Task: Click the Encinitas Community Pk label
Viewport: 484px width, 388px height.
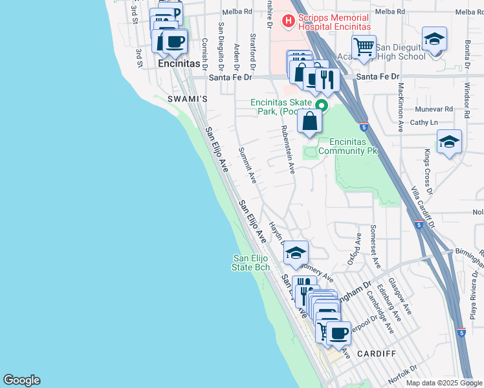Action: pyautogui.click(x=353, y=146)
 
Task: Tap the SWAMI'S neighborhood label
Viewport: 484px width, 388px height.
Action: pyautogui.click(x=187, y=99)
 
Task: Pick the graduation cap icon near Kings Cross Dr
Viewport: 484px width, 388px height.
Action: pyautogui.click(x=449, y=142)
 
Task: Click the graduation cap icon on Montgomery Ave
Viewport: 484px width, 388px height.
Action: pyautogui.click(x=296, y=252)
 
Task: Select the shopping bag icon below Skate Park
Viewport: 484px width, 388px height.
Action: pyautogui.click(x=310, y=120)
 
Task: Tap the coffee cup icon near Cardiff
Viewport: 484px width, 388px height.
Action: pyautogui.click(x=338, y=333)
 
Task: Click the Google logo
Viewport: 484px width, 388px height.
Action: pyautogui.click(x=21, y=380)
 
